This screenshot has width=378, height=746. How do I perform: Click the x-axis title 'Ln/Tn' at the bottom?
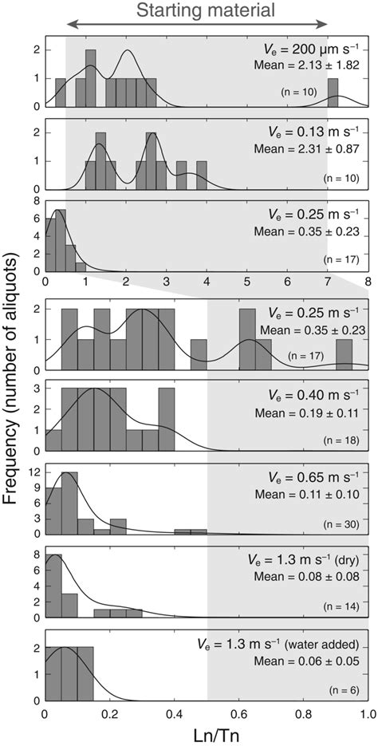[206, 734]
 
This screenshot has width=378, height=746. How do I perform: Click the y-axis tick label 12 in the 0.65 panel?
[35, 473]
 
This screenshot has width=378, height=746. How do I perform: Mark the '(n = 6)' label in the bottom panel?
[346, 690]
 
